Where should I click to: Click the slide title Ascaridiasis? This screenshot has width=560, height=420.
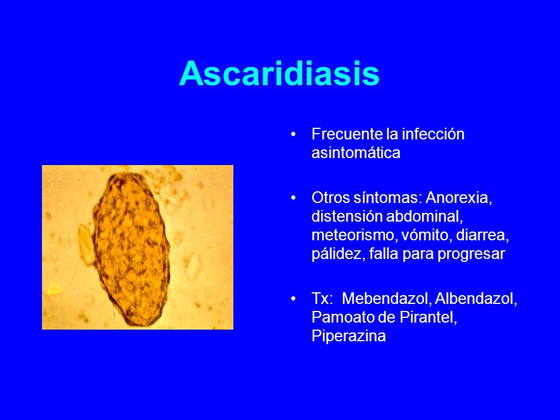pos(279,73)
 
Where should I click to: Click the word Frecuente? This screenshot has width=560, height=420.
pos(347,134)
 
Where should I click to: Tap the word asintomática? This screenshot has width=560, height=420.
pos(356,153)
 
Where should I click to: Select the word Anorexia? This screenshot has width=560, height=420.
pos(459,198)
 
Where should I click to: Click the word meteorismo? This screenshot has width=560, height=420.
pos(354,235)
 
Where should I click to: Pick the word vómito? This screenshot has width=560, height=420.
pos(426,235)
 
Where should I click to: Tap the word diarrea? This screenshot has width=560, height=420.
pos(482,235)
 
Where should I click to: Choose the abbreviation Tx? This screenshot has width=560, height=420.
pos(322,299)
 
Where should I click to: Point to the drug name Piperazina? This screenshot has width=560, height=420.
pos(349,337)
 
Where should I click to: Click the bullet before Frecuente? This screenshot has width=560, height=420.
pos(293,134)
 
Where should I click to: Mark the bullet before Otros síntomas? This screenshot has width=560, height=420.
pos(293,198)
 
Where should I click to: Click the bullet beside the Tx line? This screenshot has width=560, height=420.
pos(293,299)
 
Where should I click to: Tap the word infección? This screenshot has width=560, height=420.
pos(433,134)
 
